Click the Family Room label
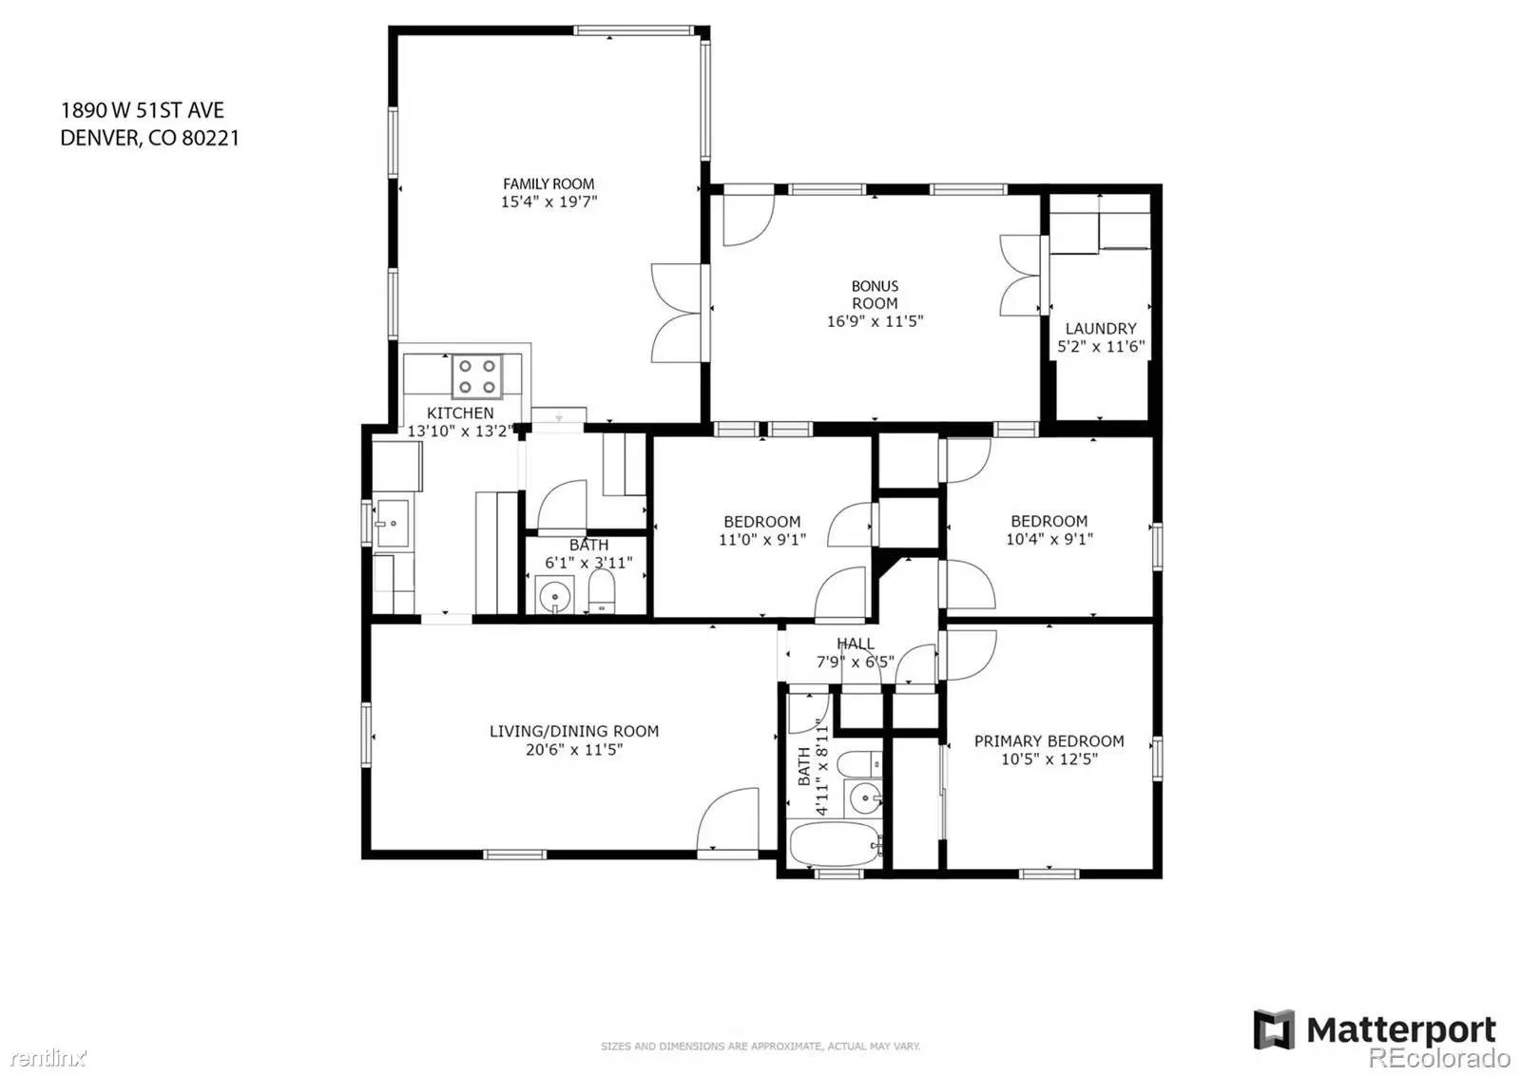[549, 184]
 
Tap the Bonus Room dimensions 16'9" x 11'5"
[875, 321]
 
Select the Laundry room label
[1101, 329]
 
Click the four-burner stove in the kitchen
[477, 376]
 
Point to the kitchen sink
[393, 523]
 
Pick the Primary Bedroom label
[1049, 741]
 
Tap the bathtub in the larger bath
[836, 844]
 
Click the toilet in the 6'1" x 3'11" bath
[601, 591]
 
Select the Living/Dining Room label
[574, 731]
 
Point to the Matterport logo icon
[1274, 1029]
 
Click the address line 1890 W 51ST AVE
[143, 110]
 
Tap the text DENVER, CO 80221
[150, 139]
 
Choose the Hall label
[856, 643]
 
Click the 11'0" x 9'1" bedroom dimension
[762, 540]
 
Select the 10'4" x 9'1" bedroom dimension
[1049, 539]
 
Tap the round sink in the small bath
[555, 595]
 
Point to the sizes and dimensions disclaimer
[760, 1047]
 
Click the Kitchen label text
[460, 413]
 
